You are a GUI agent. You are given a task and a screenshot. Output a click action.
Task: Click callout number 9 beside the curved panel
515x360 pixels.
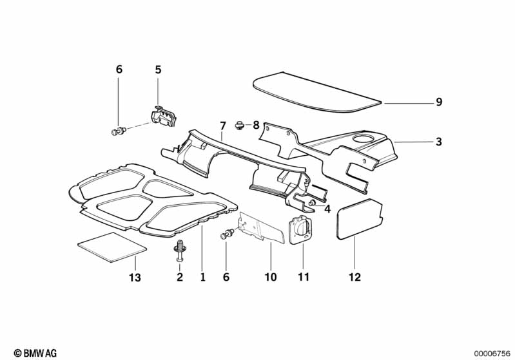pos(439,102)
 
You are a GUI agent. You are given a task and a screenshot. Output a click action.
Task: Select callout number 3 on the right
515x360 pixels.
pos(439,142)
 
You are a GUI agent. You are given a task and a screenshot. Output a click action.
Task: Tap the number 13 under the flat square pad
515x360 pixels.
pos(135,278)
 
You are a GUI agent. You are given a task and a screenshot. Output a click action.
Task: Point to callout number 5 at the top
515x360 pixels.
pos(158,70)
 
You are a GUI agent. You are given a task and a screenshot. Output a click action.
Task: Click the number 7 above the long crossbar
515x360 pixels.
pos(223,126)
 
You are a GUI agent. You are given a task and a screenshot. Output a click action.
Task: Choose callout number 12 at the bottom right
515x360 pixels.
pos(355,278)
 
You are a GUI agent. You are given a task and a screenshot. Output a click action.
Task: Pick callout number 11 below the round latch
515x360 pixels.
pos(304,278)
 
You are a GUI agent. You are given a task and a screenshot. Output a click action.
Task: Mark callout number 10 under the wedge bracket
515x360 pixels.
pos(271,278)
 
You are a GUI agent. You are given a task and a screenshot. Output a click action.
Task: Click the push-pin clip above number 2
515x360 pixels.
pos(180,251)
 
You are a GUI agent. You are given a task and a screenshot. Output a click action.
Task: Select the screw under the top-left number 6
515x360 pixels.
pos(119,131)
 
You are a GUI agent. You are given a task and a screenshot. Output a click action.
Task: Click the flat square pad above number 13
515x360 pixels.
pos(112,247)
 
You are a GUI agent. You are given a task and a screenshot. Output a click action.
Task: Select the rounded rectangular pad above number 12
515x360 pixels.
pos(360,219)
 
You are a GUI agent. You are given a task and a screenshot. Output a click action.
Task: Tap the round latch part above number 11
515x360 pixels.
pos(300,229)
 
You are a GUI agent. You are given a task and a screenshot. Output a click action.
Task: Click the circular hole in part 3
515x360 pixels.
pos(364,138)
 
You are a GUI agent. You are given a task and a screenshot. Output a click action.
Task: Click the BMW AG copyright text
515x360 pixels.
pos(35,353)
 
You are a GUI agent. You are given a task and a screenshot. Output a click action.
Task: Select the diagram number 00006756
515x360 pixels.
pos(492,354)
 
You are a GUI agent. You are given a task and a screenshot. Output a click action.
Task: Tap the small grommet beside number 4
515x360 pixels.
pos(313,203)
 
